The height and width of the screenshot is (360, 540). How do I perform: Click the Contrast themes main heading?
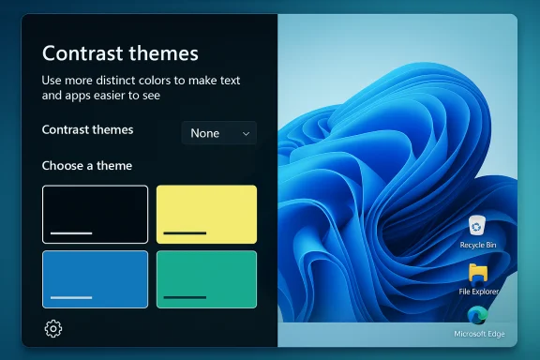point(120,53)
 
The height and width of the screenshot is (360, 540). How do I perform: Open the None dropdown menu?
point(218,133)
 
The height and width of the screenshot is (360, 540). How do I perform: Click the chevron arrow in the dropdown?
point(246,133)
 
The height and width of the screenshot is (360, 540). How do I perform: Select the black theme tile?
point(95,215)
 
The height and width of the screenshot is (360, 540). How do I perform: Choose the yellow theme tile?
point(206,215)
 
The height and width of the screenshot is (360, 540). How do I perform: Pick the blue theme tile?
point(95,278)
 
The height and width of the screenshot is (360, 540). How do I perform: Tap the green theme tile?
point(206,278)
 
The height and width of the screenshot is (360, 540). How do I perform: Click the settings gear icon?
point(53,328)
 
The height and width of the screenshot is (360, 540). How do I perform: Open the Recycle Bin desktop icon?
point(478,226)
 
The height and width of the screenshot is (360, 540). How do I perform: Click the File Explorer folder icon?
point(478,273)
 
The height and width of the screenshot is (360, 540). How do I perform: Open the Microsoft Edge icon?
point(478,316)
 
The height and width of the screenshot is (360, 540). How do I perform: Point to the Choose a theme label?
point(87,166)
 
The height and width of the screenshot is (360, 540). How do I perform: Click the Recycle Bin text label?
point(478,245)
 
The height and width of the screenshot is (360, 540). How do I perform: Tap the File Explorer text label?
point(478,292)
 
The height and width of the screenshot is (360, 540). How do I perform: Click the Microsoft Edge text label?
point(478,334)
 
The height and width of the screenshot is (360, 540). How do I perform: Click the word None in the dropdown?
point(205,133)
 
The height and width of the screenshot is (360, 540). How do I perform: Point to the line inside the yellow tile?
point(185,232)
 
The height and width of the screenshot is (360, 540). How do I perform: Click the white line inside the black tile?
point(71,232)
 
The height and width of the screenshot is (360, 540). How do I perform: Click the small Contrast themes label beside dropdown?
point(88,129)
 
